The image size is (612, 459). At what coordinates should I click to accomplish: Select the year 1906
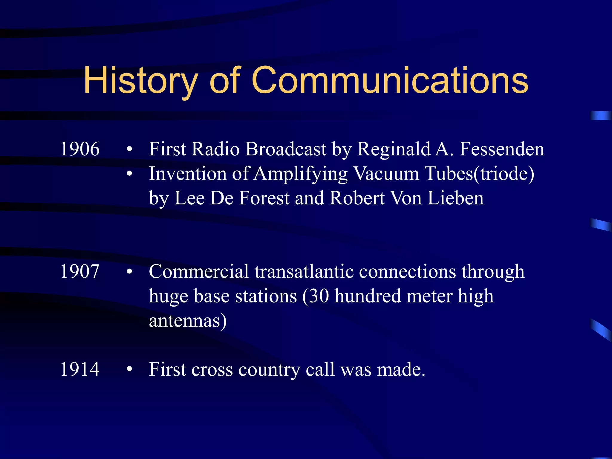click(80, 149)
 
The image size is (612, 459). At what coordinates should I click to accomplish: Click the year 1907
click(80, 271)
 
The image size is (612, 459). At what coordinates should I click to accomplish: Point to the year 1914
click(80, 369)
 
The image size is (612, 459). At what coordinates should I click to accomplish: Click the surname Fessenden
click(502, 149)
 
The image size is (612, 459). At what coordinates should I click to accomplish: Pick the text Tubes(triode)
click(480, 173)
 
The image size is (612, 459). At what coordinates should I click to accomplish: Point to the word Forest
click(264, 198)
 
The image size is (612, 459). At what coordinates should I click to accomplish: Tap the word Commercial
click(199, 271)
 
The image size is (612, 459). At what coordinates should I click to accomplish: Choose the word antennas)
click(188, 320)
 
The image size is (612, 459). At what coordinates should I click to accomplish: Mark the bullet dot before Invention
click(129, 174)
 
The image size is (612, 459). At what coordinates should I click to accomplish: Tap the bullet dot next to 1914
click(129, 369)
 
